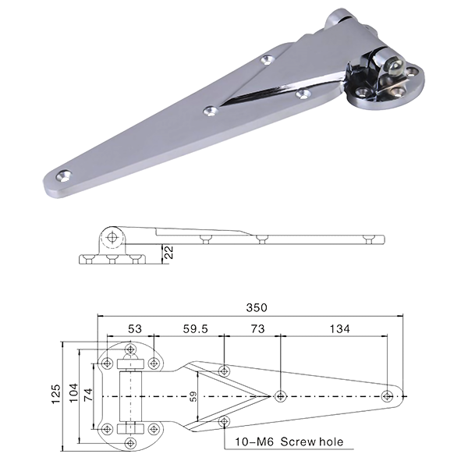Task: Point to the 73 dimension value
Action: [x=255, y=330]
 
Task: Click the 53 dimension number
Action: [x=135, y=330]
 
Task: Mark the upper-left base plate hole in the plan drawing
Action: [x=106, y=363]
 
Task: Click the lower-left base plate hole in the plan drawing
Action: [x=106, y=427]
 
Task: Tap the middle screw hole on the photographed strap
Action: [x=211, y=111]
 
